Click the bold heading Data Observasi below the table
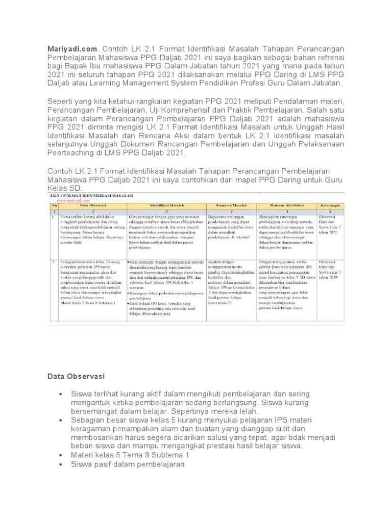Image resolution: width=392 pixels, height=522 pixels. [x=76, y=376]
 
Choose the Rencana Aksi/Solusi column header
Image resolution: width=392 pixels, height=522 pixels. [x=286, y=204]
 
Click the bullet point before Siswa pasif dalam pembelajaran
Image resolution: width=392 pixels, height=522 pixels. [x=62, y=464]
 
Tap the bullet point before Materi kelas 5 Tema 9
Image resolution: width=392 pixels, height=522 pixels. [x=62, y=455]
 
